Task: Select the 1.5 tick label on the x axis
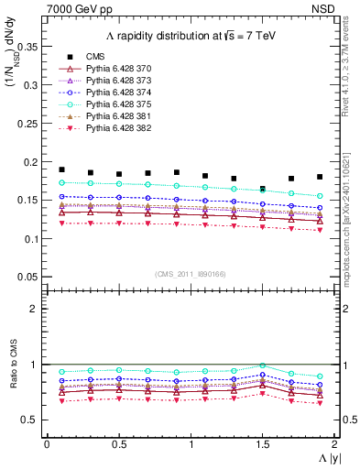[263, 444]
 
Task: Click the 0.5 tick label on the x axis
[118, 444]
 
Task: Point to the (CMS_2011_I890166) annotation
[189, 274]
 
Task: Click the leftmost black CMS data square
[61, 169]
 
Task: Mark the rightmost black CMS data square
[320, 177]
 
